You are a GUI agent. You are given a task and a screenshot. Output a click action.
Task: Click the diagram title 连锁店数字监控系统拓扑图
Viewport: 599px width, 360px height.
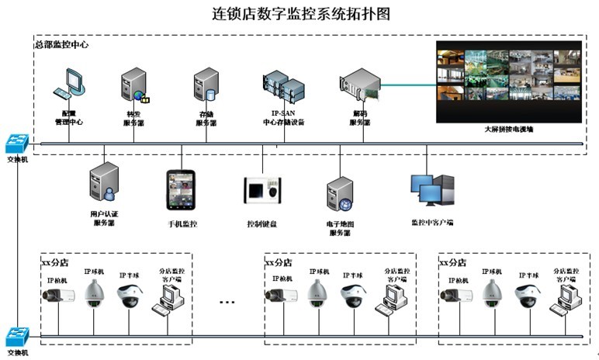(x=300, y=14)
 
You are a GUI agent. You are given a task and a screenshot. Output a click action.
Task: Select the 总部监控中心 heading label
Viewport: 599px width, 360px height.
(x=62, y=45)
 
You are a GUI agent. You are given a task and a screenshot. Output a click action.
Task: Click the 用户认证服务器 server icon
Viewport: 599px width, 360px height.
(x=103, y=182)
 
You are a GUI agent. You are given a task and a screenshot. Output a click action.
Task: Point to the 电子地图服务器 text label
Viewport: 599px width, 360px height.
(x=341, y=228)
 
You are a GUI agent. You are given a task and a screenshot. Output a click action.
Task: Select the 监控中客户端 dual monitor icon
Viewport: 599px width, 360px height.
(x=430, y=190)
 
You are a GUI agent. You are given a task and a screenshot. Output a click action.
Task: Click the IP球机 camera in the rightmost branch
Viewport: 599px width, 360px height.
(x=491, y=293)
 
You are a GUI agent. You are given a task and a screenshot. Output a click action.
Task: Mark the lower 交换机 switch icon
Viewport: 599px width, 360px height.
(x=16, y=336)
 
